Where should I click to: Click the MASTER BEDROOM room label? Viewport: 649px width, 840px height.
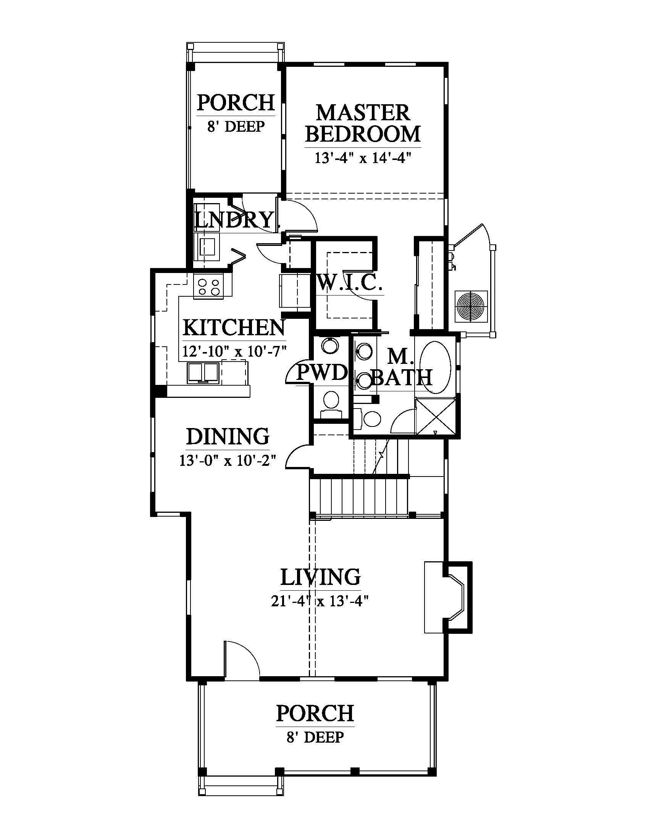pos(363,123)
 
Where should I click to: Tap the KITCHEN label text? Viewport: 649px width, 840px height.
pos(234,327)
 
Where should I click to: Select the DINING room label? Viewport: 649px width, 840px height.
pos(228,436)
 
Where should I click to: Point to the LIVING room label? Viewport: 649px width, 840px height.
pos(320,577)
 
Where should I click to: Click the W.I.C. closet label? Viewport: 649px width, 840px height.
pos(350,283)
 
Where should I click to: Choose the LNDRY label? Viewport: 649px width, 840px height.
pos(234,220)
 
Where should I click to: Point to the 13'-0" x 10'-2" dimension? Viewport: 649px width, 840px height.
pos(228,460)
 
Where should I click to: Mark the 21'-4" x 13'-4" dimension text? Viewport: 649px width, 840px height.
pos(320,601)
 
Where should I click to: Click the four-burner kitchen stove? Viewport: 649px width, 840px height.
pos(208,286)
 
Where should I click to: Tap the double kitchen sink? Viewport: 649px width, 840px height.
pos(203,373)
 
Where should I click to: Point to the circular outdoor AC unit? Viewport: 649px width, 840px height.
pos(471,307)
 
